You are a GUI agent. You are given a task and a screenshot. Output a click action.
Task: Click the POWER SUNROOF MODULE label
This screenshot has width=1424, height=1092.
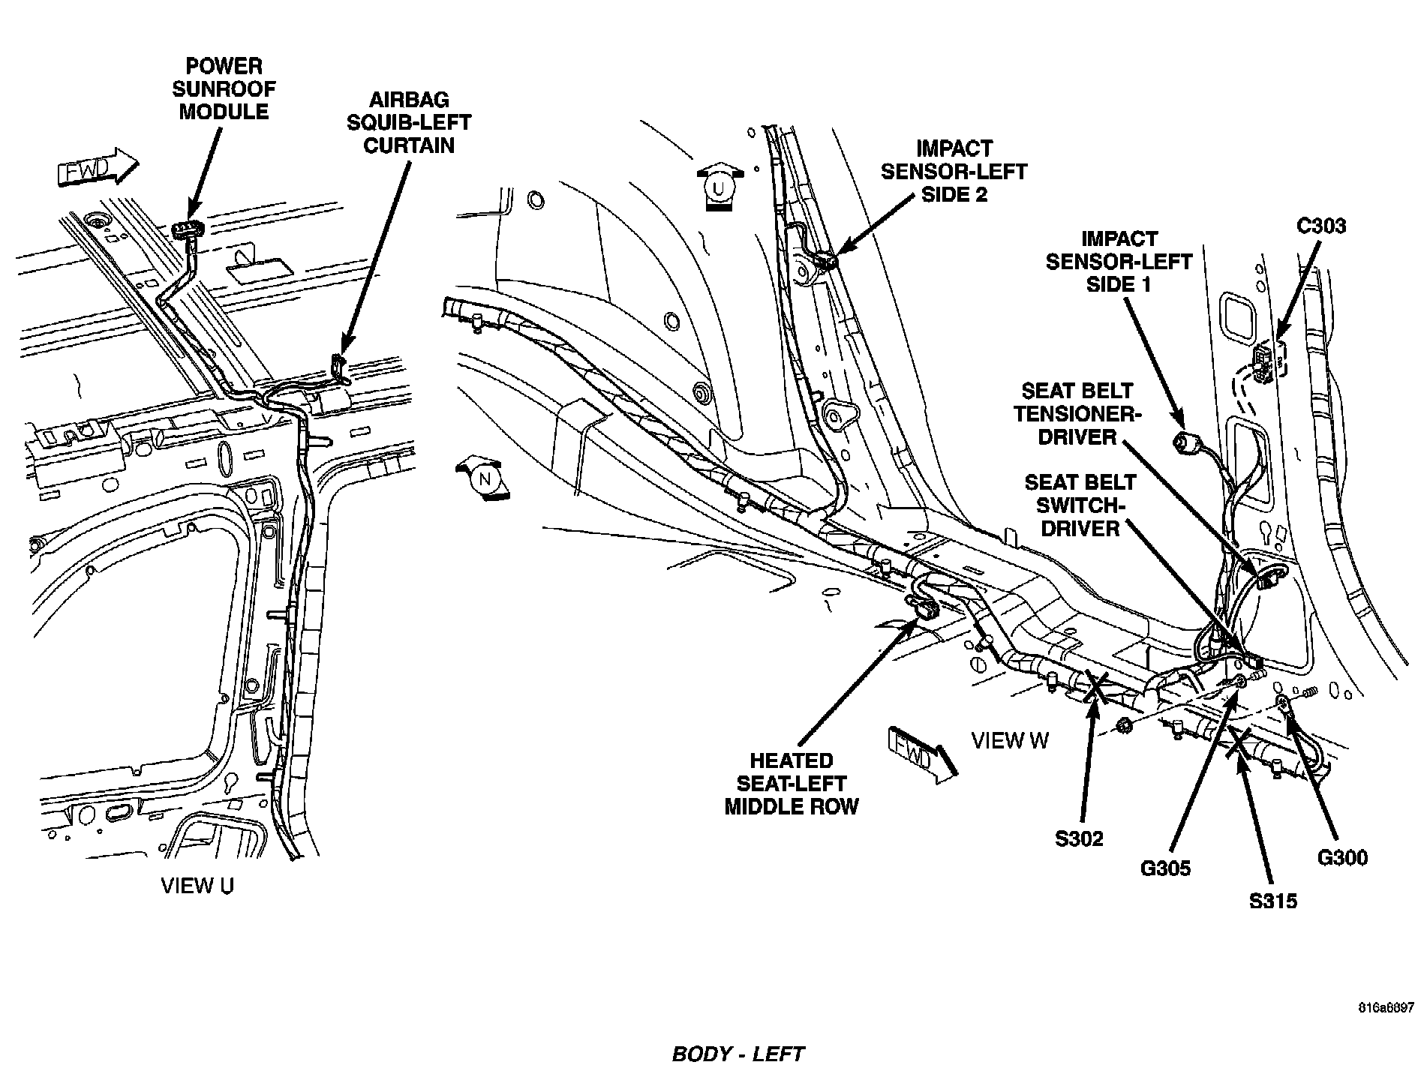pyautogui.click(x=224, y=88)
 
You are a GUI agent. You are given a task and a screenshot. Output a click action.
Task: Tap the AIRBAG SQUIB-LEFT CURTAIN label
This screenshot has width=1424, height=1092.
pyautogui.click(x=408, y=122)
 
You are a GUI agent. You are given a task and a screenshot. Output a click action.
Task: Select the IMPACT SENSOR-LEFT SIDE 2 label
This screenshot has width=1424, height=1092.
pyautogui.click(x=954, y=171)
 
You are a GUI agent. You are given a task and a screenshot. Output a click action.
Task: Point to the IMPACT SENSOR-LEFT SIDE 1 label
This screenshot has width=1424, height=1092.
pyautogui.click(x=1119, y=261)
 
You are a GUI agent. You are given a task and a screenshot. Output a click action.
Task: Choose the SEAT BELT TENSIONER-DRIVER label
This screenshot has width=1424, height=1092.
pyautogui.click(x=1078, y=413)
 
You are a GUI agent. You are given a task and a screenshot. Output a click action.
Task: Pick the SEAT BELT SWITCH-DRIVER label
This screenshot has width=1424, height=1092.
pyautogui.click(x=1080, y=504)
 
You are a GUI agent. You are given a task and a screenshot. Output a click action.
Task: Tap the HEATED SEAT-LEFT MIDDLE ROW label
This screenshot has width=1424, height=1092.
pyautogui.click(x=791, y=784)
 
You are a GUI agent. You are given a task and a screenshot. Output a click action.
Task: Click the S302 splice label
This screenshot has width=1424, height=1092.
pyautogui.click(x=1079, y=838)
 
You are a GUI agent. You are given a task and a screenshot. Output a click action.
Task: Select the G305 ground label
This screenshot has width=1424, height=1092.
pyautogui.click(x=1165, y=868)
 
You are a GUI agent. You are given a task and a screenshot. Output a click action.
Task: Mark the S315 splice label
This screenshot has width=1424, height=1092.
pyautogui.click(x=1273, y=900)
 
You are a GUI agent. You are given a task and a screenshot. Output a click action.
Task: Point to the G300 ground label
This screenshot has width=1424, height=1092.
pyautogui.click(x=1342, y=856)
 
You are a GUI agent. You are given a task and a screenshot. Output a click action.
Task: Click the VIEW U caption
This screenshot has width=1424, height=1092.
pyautogui.click(x=197, y=886)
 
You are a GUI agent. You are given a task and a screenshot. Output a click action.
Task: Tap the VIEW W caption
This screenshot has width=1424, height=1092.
pyautogui.click(x=1010, y=740)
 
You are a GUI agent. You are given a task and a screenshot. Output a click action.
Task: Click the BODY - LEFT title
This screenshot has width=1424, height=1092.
pyautogui.click(x=738, y=1054)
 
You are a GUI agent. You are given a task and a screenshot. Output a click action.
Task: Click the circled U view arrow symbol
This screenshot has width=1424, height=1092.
pyautogui.click(x=718, y=187)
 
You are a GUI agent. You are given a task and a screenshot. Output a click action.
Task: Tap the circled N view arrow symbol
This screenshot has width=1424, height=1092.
pyautogui.click(x=484, y=477)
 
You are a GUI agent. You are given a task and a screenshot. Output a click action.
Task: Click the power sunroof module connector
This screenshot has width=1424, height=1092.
pyautogui.click(x=188, y=229)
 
